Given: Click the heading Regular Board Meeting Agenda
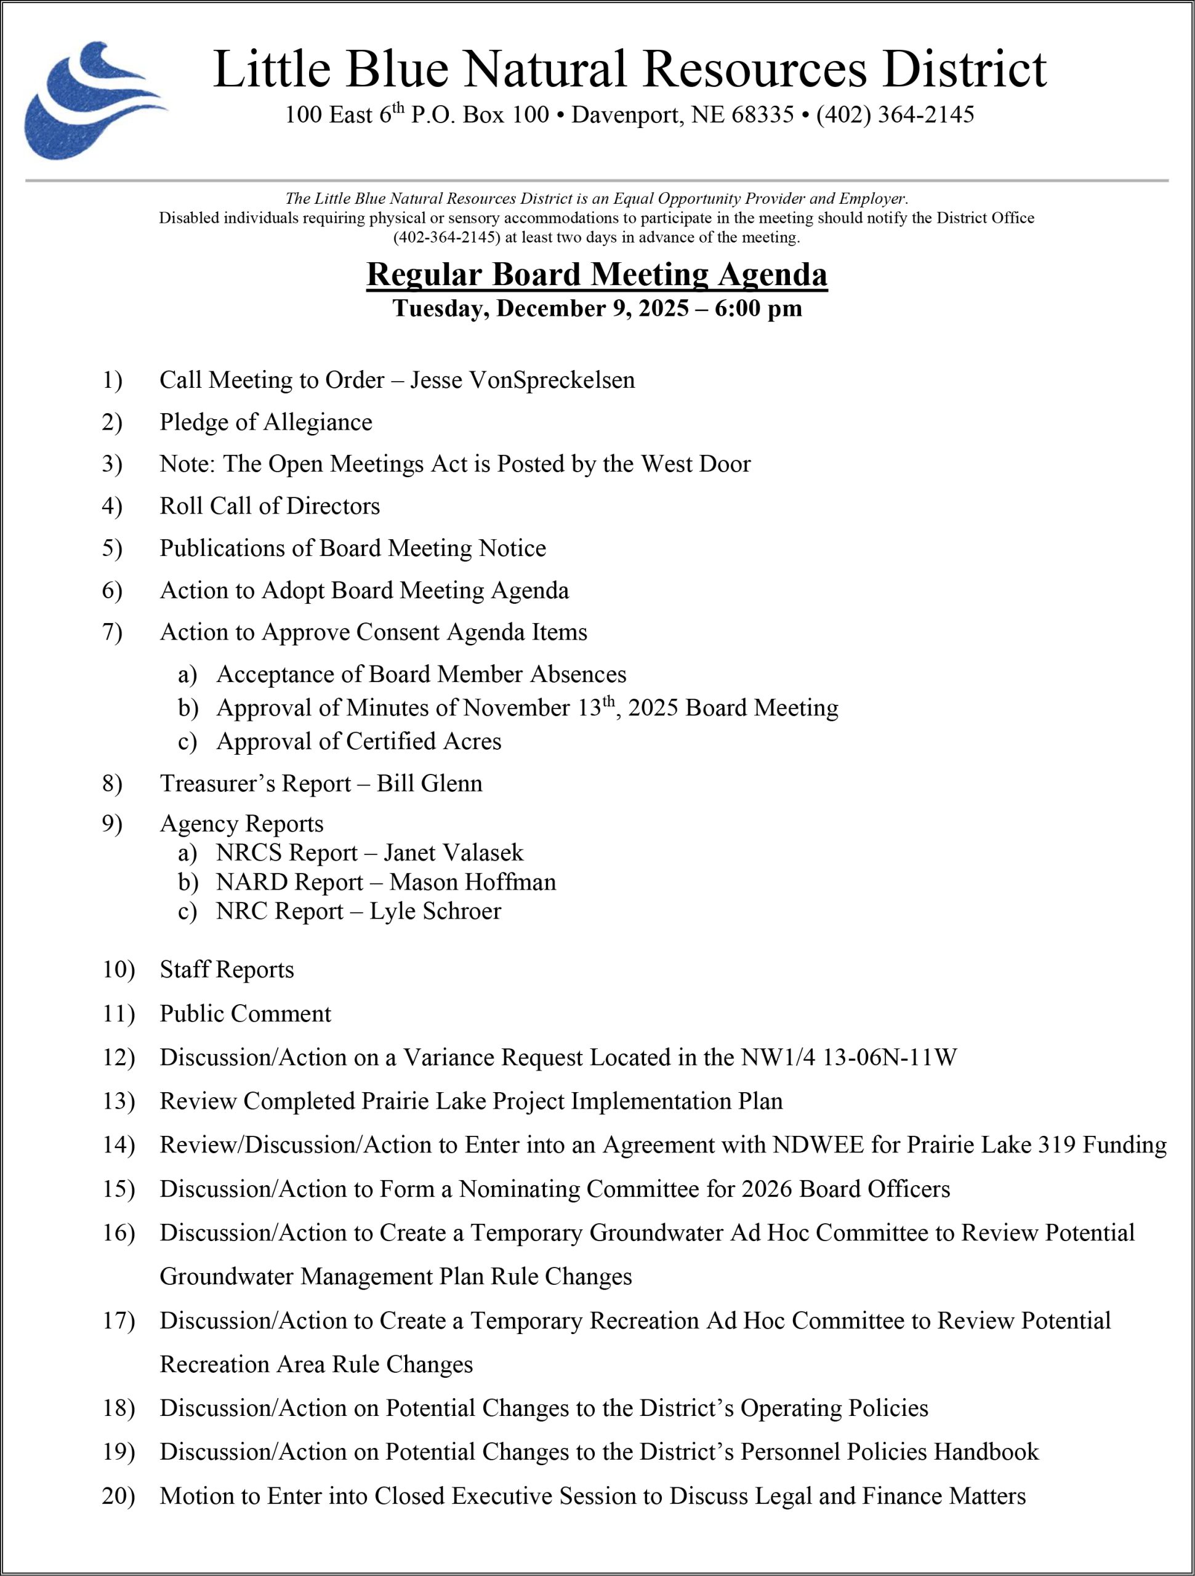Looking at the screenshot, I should tap(597, 275).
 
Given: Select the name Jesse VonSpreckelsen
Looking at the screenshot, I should tap(522, 380).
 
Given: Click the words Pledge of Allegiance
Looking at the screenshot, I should tap(266, 422).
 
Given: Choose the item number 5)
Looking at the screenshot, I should tap(112, 548).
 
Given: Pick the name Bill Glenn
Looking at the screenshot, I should tap(430, 783).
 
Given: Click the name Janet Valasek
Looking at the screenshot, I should tap(453, 852).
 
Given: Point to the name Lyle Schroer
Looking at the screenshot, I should tap(435, 911).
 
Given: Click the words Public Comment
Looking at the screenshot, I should tap(245, 1013).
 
